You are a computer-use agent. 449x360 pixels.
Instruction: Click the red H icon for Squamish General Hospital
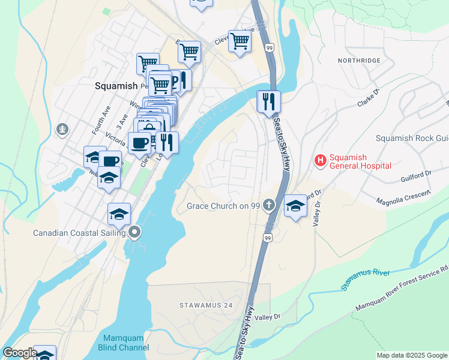pos(321,160)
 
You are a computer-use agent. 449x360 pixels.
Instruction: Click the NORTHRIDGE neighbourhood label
pos(359,61)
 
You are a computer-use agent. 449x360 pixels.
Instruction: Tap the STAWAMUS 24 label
pos(206,305)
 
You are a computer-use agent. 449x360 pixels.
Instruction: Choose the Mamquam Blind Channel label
pos(123,343)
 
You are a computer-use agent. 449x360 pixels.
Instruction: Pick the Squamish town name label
pos(116,86)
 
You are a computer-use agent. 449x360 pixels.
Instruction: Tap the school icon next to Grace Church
pos(295,206)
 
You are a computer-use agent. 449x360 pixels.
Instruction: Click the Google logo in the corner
pos(20,353)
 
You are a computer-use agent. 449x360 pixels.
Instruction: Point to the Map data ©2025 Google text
pos(412,355)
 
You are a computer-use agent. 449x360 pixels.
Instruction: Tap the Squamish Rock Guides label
pos(412,138)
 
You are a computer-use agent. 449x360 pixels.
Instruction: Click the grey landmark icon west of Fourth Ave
pos(62,128)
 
